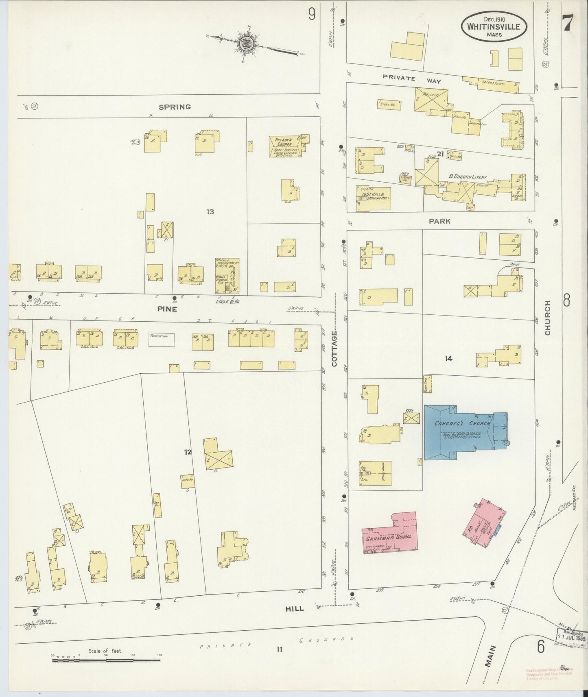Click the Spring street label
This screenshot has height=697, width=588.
175,107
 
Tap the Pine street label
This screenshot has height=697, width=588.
168,309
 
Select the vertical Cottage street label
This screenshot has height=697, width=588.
334,348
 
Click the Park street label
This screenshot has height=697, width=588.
439,221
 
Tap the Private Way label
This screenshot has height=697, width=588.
412,79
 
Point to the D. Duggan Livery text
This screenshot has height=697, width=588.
468,177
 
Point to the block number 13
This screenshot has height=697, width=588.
210,211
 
